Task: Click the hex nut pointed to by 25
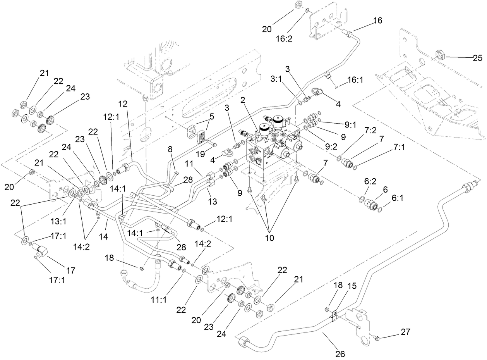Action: pos(440,54)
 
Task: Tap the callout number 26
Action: pos(340,353)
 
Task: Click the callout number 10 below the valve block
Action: pos(269,237)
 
